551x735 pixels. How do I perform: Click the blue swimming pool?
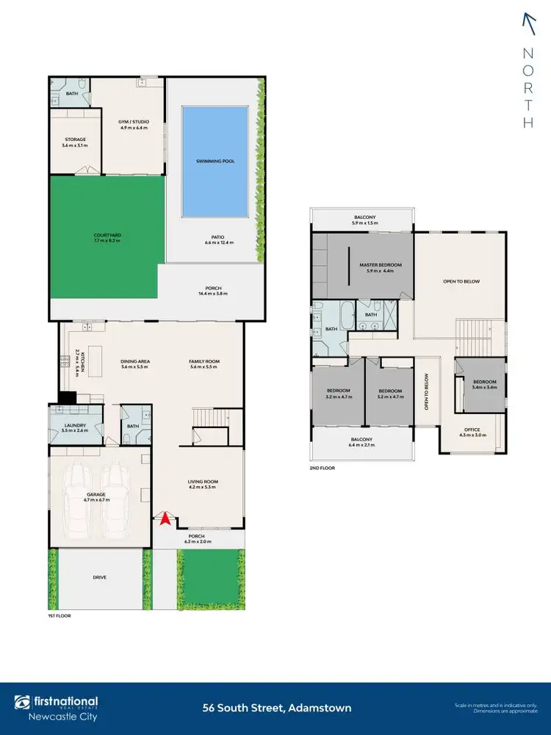215,161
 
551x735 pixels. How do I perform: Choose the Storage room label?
75,139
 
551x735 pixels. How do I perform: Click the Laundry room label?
75,426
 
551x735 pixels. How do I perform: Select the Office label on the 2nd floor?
472,430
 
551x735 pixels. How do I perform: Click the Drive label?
99,578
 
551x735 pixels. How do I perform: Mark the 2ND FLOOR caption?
323,468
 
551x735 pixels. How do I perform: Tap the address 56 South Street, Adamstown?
277,709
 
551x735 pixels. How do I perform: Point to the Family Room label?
204,361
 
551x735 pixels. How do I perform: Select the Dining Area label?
135,361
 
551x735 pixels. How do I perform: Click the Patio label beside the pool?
214,237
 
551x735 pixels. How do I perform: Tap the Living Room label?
204,482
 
